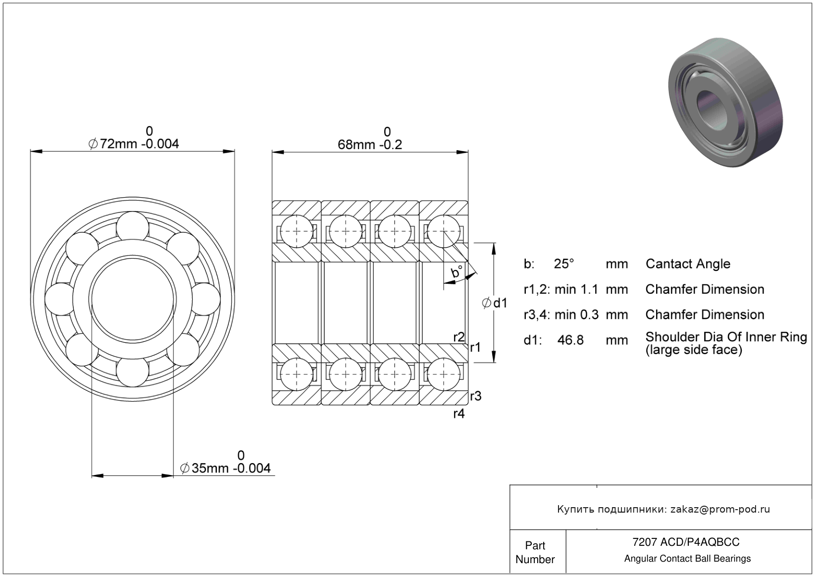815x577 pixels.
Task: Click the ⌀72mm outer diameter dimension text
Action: tap(134, 144)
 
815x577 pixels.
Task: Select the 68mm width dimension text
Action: tap(369, 145)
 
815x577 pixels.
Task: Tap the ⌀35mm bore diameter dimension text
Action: tap(226, 468)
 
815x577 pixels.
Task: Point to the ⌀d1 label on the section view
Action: tap(495, 303)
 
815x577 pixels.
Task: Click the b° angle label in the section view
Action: tap(457, 272)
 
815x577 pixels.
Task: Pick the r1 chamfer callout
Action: tap(475, 347)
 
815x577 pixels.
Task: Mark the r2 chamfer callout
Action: tap(459, 337)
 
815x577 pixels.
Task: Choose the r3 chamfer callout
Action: tap(475, 396)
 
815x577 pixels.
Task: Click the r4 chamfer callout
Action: tap(459, 414)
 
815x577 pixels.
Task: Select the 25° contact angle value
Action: tap(564, 264)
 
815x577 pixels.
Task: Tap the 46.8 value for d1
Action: tap(570, 340)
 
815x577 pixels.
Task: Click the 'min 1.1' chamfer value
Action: tap(576, 289)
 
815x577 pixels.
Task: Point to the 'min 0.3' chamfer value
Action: tap(576, 315)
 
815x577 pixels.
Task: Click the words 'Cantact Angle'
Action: tap(688, 264)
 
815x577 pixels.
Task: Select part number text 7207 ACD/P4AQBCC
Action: tap(686, 542)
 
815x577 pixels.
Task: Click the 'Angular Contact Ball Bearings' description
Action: tap(687, 559)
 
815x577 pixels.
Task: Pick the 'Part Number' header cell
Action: tap(535, 552)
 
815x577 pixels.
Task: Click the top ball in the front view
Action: tap(133, 226)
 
